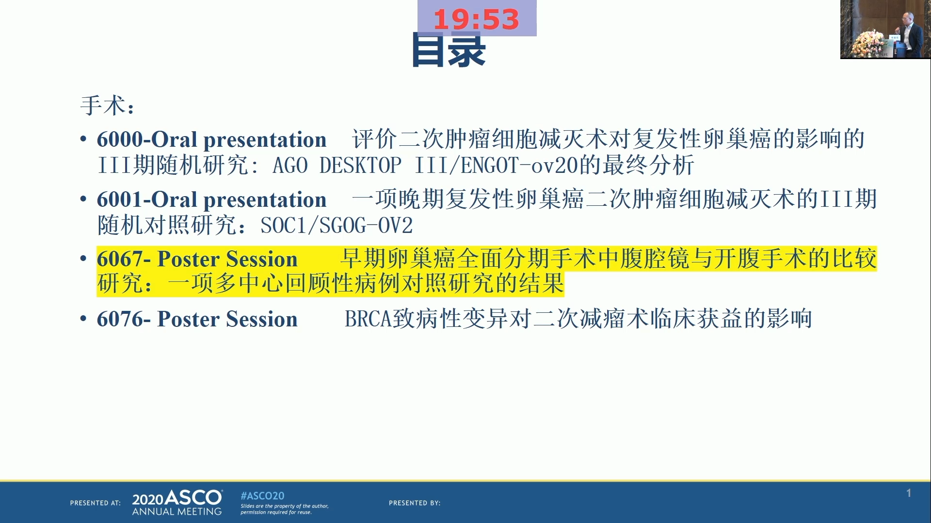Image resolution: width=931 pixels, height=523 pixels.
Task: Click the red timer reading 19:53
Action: coord(476,19)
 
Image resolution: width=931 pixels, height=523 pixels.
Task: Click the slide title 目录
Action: coord(449,50)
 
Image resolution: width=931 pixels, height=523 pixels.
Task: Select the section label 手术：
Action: coord(108,105)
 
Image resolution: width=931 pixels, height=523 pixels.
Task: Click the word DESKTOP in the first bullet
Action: coord(360,166)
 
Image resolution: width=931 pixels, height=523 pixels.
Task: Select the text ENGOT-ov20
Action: coord(520,166)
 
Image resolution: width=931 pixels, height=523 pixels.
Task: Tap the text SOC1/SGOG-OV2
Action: coord(337,226)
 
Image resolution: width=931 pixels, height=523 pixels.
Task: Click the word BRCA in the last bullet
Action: coord(368,319)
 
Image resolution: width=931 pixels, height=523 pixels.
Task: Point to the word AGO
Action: coord(290,166)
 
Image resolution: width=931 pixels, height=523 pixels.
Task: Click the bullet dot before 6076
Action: coord(83,319)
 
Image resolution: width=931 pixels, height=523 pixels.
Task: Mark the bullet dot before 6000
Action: coord(83,139)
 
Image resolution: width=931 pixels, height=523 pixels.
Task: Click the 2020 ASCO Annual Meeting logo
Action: coord(177,503)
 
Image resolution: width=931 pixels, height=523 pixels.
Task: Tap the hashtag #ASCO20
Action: coord(262,496)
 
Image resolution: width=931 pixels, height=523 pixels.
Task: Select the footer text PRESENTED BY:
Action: coord(415,503)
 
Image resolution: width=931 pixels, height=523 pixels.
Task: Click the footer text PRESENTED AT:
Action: coord(96,503)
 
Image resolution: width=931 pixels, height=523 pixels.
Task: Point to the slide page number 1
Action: coord(909,493)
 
